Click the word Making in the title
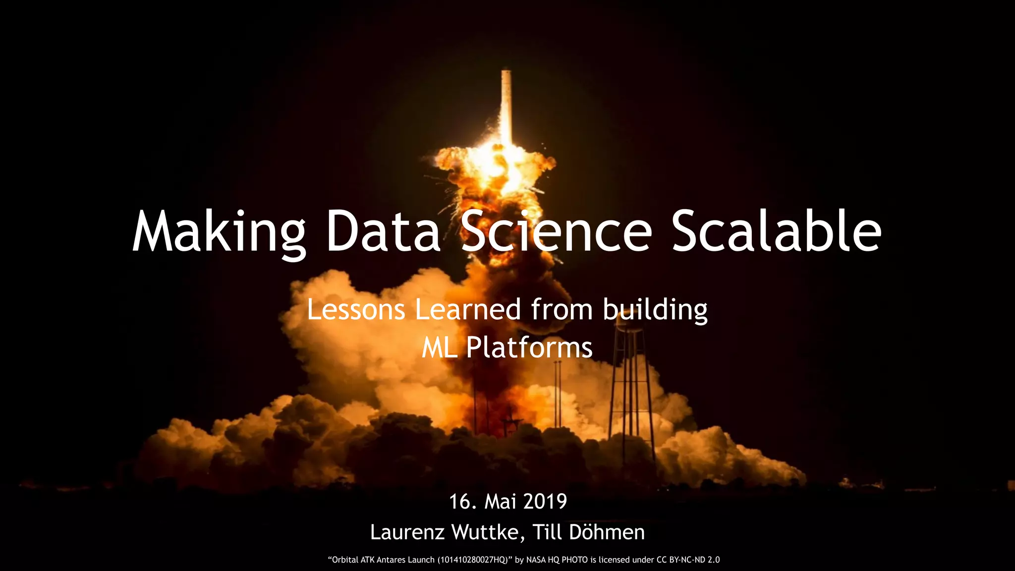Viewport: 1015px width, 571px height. pos(219,232)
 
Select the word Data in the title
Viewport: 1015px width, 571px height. pos(383,232)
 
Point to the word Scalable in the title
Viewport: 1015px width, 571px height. pos(776,232)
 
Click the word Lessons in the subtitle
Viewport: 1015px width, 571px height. pos(356,309)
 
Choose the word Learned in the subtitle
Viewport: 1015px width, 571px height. pos(468,309)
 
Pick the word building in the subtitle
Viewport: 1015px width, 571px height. pos(655,310)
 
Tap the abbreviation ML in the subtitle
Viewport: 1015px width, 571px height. pos(439,347)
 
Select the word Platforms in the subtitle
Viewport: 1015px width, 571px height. pos(529,347)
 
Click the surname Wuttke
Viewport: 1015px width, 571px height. pos(485,532)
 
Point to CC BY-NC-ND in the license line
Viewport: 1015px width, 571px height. pos(683,560)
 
